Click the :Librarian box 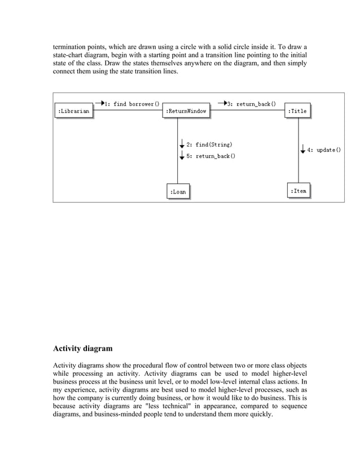[74, 112]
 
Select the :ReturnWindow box [186, 112]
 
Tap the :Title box [297, 111]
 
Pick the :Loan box [178, 192]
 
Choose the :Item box [298, 191]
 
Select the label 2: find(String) [209, 145]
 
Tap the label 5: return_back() [211, 156]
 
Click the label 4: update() [324, 150]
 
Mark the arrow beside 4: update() [303, 150]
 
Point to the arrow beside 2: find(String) [182, 145]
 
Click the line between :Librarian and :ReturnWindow [128, 111]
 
